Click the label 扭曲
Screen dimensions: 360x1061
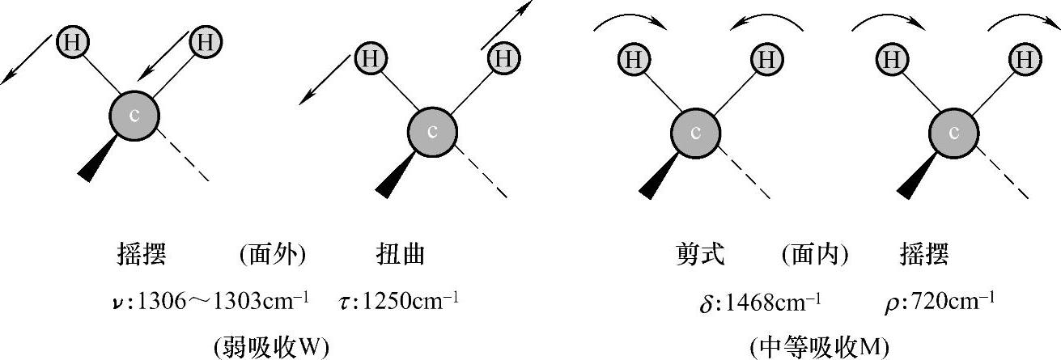(x=401, y=256)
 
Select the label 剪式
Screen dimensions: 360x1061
(x=700, y=256)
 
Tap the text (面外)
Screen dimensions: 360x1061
(x=272, y=256)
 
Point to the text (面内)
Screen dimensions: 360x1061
(x=815, y=256)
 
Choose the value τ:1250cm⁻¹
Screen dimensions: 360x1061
(x=399, y=301)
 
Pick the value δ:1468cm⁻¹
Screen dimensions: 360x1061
(x=760, y=302)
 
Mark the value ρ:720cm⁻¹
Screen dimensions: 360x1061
(x=940, y=301)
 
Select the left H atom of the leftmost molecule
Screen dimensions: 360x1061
(x=72, y=42)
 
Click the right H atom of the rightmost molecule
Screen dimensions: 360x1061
(x=1024, y=59)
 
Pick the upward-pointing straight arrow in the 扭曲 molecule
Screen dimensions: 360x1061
(x=507, y=24)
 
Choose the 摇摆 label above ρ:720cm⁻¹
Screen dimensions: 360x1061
(x=923, y=256)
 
